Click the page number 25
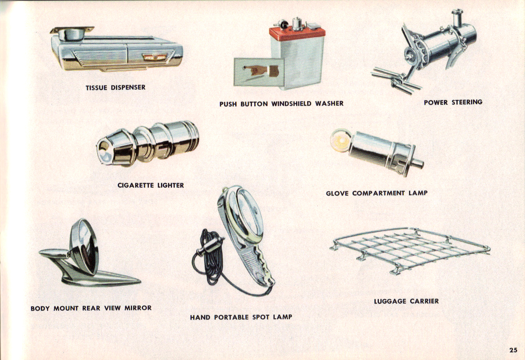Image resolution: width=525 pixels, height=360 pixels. (x=514, y=350)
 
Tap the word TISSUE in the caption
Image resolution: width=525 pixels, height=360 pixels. (x=96, y=87)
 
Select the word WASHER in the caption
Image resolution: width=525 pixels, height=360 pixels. (x=329, y=104)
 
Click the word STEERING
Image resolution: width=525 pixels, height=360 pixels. (x=467, y=102)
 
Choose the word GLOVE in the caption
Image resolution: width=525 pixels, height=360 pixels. (x=337, y=193)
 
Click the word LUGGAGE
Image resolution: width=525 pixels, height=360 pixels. (x=390, y=301)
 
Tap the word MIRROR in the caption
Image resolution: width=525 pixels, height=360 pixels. (x=138, y=308)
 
